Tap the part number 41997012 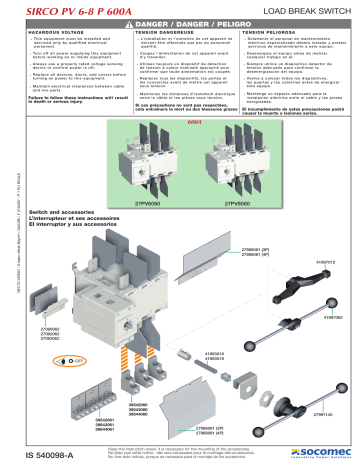click(327, 262)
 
